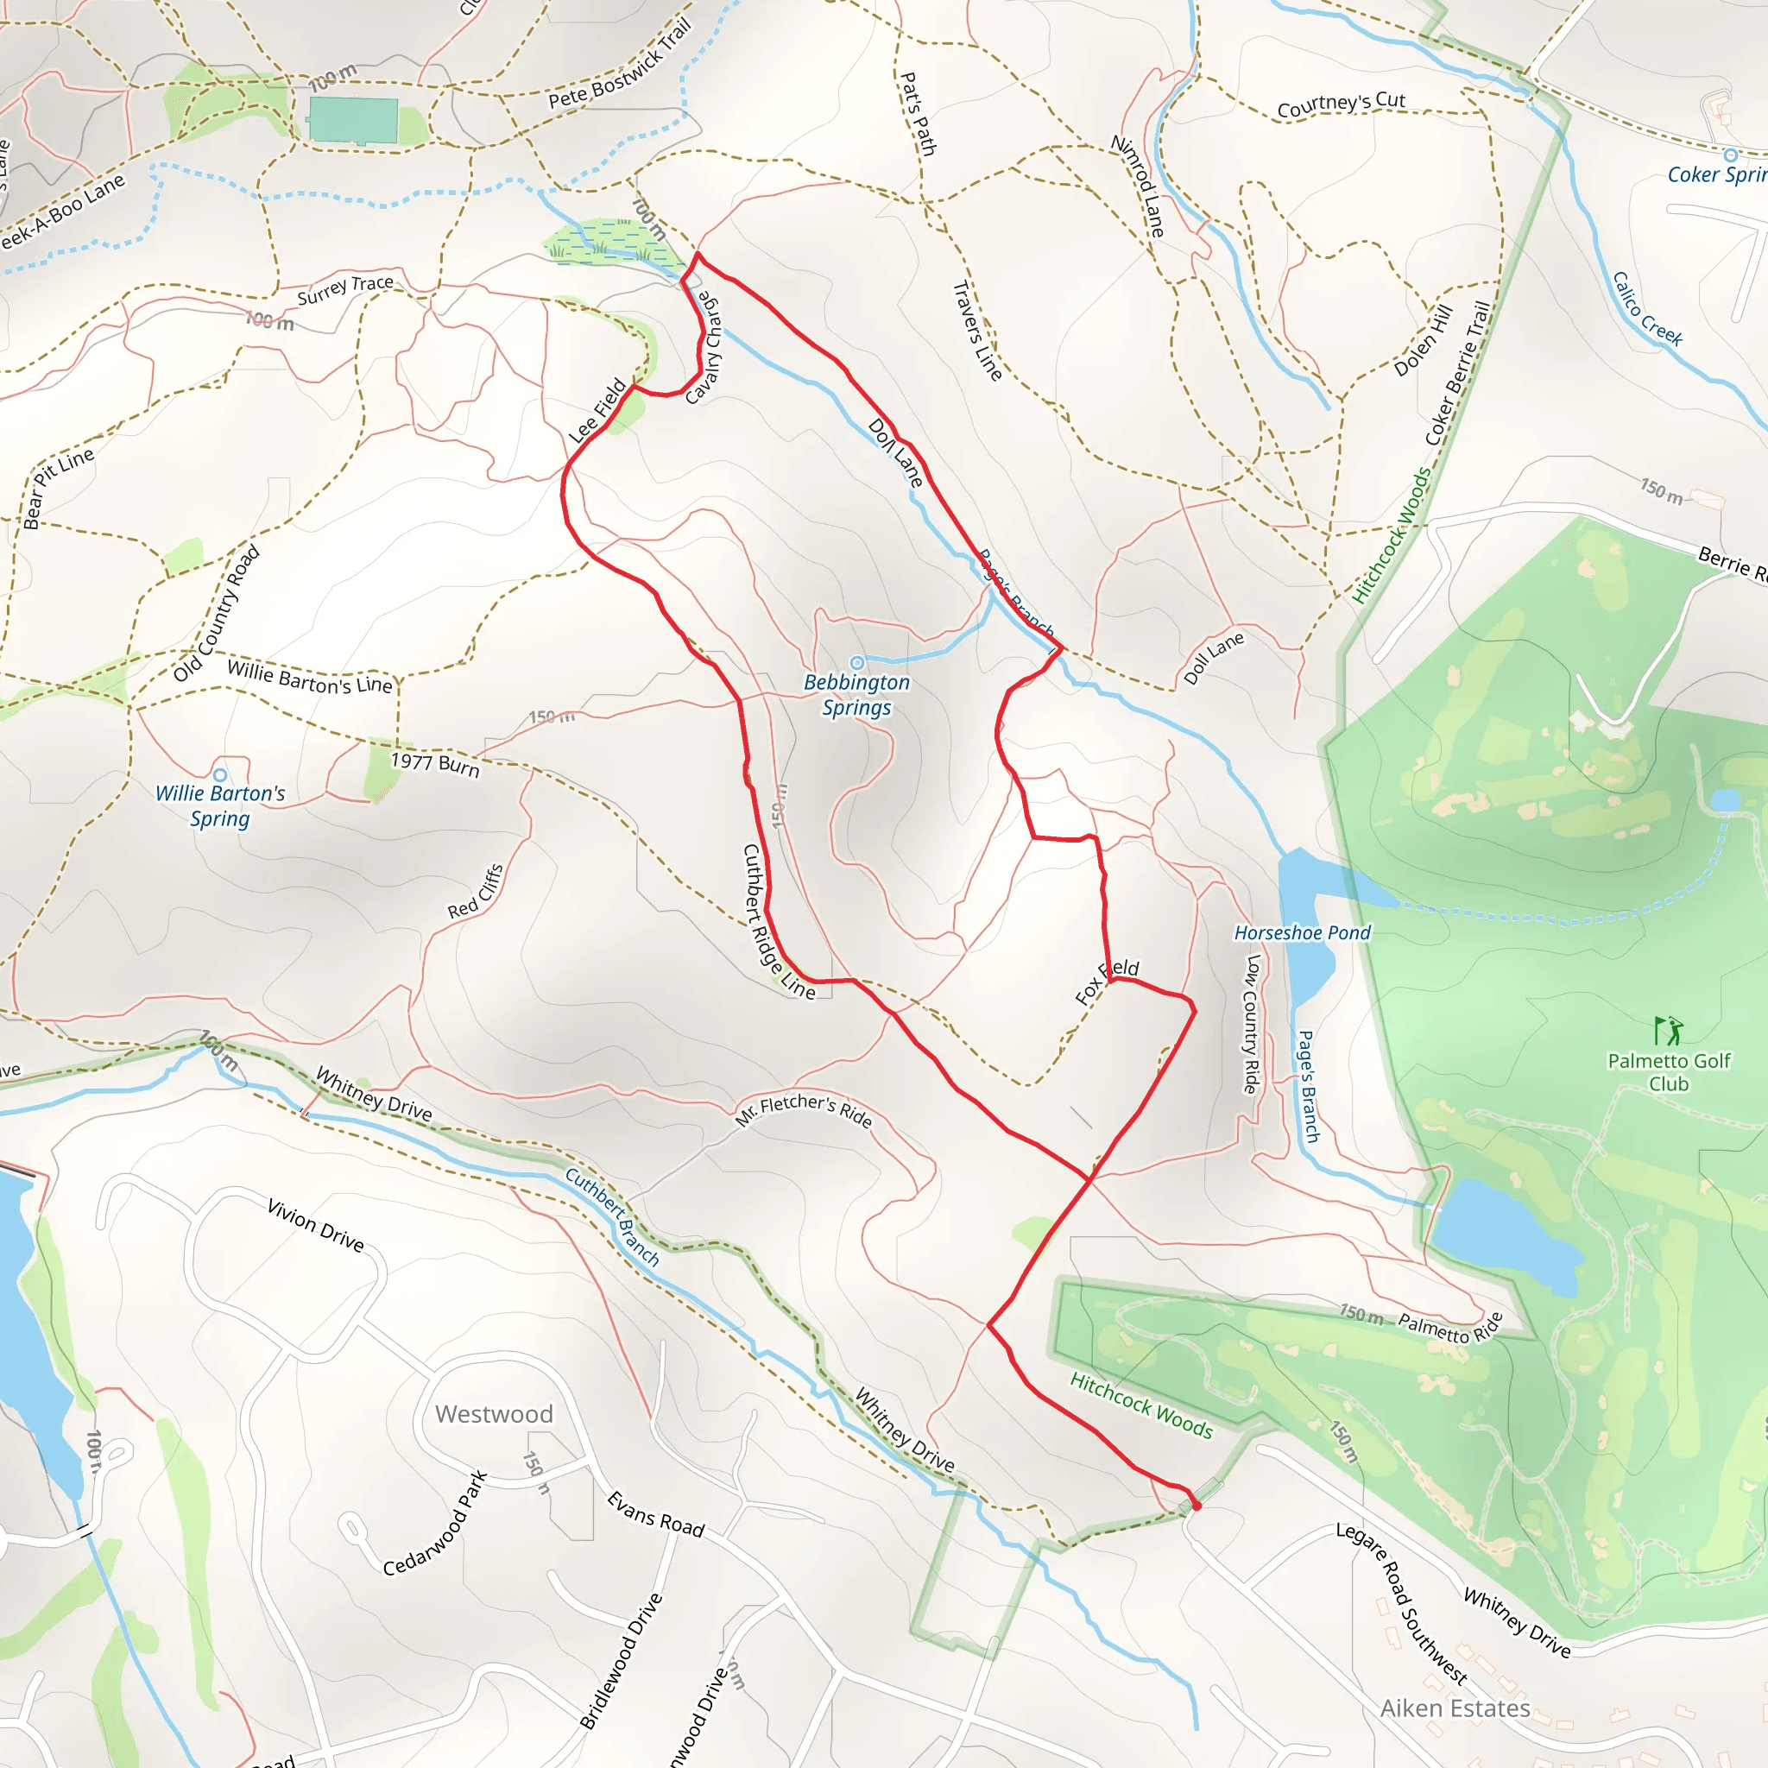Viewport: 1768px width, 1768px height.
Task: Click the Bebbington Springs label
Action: tap(856, 695)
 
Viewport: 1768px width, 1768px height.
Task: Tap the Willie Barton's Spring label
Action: tap(219, 805)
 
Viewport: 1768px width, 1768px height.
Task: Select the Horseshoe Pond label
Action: tap(1302, 932)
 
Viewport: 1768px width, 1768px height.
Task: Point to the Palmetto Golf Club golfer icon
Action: tap(1668, 1031)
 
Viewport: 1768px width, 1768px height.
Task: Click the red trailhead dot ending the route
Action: tap(1196, 1506)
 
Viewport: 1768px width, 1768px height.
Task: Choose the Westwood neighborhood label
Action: tap(494, 1414)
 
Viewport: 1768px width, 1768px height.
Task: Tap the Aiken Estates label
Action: tap(1455, 1708)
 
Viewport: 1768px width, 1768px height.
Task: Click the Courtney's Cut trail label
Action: tap(1341, 104)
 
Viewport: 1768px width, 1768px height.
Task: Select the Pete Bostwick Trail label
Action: tap(621, 64)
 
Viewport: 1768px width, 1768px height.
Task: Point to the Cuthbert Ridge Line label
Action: tap(778, 920)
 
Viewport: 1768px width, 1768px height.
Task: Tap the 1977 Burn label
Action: tap(436, 763)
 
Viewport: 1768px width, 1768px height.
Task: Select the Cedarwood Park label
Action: tap(435, 1524)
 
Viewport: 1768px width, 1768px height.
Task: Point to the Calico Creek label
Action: tap(1647, 308)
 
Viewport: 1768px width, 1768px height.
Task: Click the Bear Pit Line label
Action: tap(59, 488)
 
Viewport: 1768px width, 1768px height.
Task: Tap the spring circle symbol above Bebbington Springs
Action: tap(856, 662)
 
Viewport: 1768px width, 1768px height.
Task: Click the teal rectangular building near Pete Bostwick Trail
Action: tap(353, 120)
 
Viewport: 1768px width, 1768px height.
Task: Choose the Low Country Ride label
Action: tap(1252, 1024)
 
